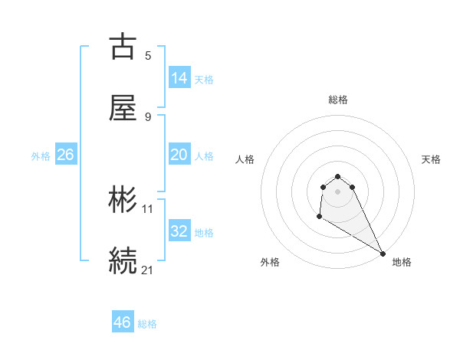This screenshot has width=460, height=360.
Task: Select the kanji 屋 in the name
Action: point(123,110)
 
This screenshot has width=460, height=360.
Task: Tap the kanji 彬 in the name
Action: point(123,200)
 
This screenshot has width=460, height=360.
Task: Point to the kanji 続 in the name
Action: point(123,260)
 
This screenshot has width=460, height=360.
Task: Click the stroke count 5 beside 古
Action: point(148,55)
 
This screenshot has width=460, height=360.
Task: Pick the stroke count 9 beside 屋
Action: point(148,116)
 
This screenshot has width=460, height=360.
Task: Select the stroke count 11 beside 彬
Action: point(148,208)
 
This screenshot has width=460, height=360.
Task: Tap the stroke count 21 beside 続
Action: point(148,269)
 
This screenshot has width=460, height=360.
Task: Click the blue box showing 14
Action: point(179,77)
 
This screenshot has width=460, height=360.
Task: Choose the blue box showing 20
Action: point(179,154)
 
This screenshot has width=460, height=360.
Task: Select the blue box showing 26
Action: point(65,155)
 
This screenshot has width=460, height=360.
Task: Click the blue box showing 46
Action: point(123,322)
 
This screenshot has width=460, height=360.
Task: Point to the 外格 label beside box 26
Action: point(41,155)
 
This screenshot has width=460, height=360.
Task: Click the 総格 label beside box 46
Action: point(147,324)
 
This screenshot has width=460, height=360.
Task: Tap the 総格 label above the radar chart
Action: point(338,100)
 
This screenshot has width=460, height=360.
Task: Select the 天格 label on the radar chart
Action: point(431,159)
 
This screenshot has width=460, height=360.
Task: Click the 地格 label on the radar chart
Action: point(402,262)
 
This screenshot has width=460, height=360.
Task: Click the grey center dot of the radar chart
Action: point(338,191)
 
